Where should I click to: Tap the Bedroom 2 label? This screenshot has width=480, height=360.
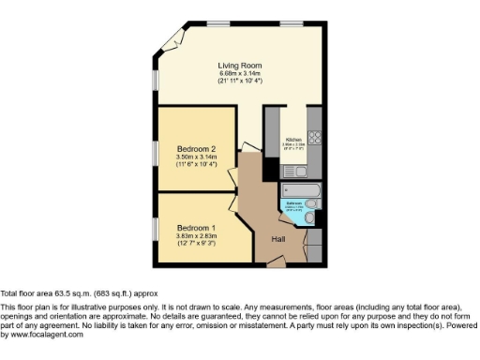(x=197, y=149)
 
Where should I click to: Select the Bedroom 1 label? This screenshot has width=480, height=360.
(x=197, y=228)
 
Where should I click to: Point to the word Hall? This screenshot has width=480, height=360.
(x=278, y=239)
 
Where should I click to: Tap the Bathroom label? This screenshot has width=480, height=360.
(x=293, y=203)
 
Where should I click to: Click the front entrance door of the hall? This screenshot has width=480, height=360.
(x=277, y=265)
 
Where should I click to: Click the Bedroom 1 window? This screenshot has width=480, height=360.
(x=157, y=229)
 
